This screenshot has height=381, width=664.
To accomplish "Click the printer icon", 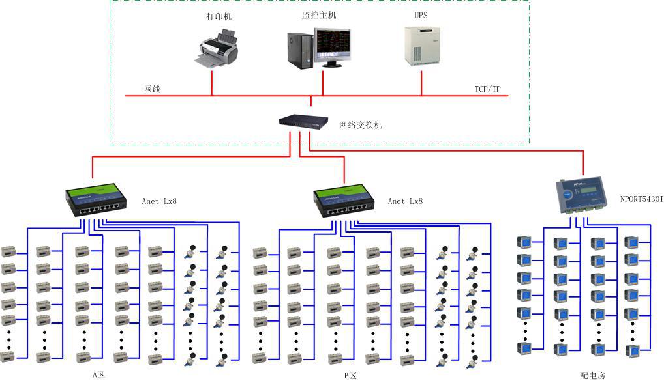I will pyautogui.click(x=215, y=49).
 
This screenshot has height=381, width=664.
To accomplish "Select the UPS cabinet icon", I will pyautogui.click(x=419, y=46).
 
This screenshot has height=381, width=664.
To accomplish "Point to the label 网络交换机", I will pyautogui.click(x=360, y=124).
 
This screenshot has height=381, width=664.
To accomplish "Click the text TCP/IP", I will pyautogui.click(x=488, y=89).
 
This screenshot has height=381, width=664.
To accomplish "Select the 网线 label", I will pyautogui.click(x=152, y=89).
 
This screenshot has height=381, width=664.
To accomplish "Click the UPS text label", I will pyautogui.click(x=420, y=14).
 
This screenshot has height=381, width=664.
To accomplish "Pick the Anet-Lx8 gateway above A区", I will pyautogui.click(x=96, y=201).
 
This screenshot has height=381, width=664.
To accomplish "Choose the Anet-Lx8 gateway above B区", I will pyautogui.click(x=345, y=201).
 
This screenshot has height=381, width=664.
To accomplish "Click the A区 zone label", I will pyautogui.click(x=98, y=375).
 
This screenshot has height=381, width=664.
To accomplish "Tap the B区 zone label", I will pyautogui.click(x=350, y=375).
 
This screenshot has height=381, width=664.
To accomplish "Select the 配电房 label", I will pyautogui.click(x=592, y=375).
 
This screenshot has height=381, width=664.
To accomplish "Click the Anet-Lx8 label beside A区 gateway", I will pyautogui.click(x=159, y=201).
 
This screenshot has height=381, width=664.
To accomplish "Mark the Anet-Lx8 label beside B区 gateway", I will pyautogui.click(x=405, y=201).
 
